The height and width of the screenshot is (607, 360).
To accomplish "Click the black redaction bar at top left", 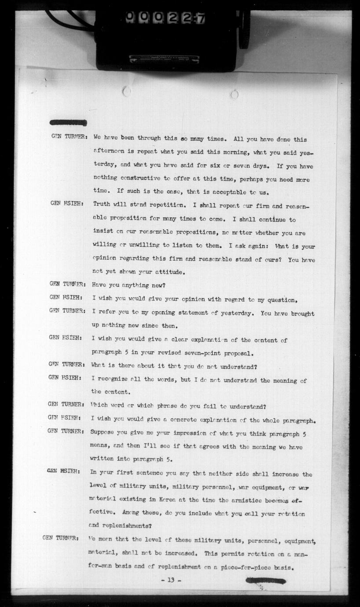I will [68, 122].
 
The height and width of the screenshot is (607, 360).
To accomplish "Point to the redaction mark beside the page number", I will [265, 581].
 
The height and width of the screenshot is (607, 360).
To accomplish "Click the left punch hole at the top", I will [126, 91].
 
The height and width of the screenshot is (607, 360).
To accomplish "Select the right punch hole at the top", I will [235, 94].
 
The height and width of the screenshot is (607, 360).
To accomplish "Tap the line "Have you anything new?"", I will [129, 285].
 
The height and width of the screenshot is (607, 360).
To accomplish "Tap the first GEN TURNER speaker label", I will [68, 137].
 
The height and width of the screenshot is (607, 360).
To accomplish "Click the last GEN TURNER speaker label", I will [60, 538].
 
